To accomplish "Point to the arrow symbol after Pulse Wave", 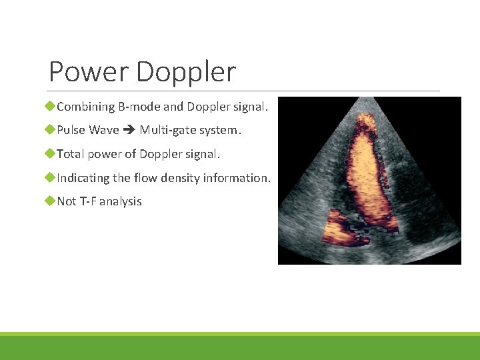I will pos(129,131).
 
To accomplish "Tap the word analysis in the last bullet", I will pos(122,202).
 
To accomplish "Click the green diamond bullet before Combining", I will pos(51,107).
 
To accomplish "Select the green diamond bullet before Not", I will pos(51,201).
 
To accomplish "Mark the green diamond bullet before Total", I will pos(51,154).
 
